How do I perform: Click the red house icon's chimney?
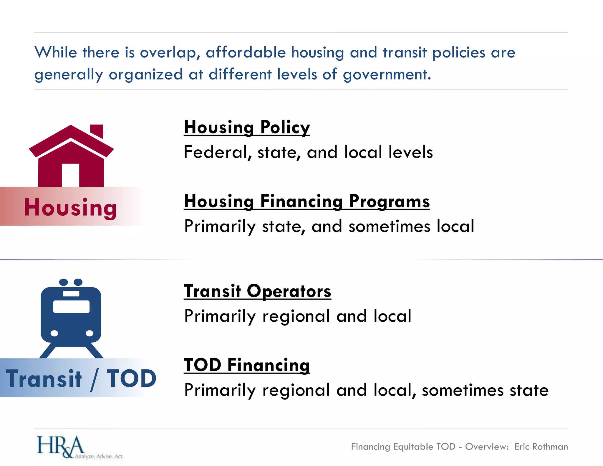pyautogui.click(x=97, y=131)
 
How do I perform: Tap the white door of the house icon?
pyautogui.click(x=71, y=175)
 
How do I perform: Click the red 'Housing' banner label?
pyautogui.click(x=71, y=207)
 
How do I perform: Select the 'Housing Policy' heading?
pyautogui.click(x=247, y=127)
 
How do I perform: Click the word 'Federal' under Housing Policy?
pyautogui.click(x=216, y=152)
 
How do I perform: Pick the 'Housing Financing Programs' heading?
pyautogui.click(x=307, y=201)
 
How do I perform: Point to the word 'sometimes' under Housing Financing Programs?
pyautogui.click(x=389, y=227)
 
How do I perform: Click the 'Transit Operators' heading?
pyautogui.click(x=257, y=291)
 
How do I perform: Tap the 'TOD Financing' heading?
pyautogui.click(x=247, y=365)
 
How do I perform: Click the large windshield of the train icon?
pyautogui.click(x=71, y=307)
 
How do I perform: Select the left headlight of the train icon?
pyautogui.click(x=54, y=333)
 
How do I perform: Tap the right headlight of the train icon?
pyautogui.click(x=90, y=333)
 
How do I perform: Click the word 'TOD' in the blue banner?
pyautogui.click(x=131, y=379)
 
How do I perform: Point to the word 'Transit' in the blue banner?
pyautogui.click(x=44, y=379)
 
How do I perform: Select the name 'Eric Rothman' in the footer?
pyautogui.click(x=541, y=447)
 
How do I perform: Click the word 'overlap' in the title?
pyautogui.click(x=170, y=53)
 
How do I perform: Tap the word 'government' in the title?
pyautogui.click(x=387, y=75)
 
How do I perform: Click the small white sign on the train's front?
pyautogui.click(x=71, y=293)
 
